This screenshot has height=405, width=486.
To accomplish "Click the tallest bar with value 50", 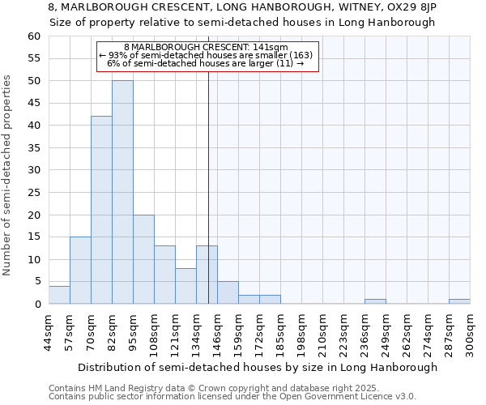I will coord(122,192).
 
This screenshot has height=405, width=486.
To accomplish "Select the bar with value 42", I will coord(101,210).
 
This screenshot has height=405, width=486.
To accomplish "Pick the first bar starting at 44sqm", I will coord(59,295).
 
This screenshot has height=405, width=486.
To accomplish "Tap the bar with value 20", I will coord(143,259).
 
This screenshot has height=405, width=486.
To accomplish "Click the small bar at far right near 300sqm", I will coord(459,301).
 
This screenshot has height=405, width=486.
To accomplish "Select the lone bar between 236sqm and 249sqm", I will coord(375,301).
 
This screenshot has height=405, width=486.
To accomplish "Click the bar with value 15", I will coord(80,271).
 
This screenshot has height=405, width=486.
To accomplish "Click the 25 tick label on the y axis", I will coord(33,193).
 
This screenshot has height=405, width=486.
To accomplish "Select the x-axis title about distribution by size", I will coord(258,367).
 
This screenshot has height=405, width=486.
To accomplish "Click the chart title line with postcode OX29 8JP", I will coord(242,7).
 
